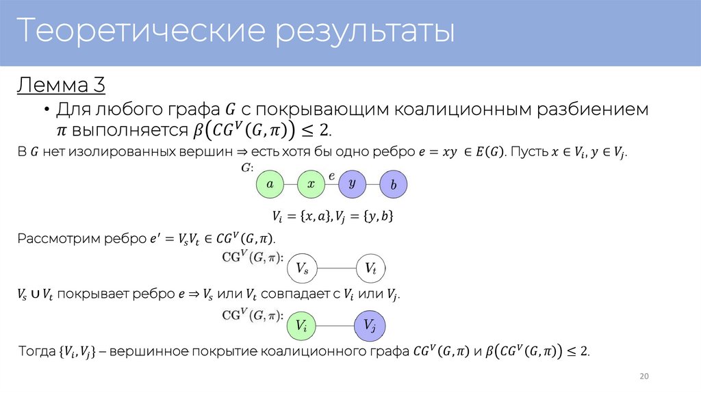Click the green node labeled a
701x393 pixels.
270,184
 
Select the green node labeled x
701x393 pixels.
311,184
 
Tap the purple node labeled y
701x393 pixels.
352,184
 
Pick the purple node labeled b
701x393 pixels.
393,185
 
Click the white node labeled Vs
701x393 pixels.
301,269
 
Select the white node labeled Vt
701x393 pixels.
370,269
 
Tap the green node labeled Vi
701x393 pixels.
301,325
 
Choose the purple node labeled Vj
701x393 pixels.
370,325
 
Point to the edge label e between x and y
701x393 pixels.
331,176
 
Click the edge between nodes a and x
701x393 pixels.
290,184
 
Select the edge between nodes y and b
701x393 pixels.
372,184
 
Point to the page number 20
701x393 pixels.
643,376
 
